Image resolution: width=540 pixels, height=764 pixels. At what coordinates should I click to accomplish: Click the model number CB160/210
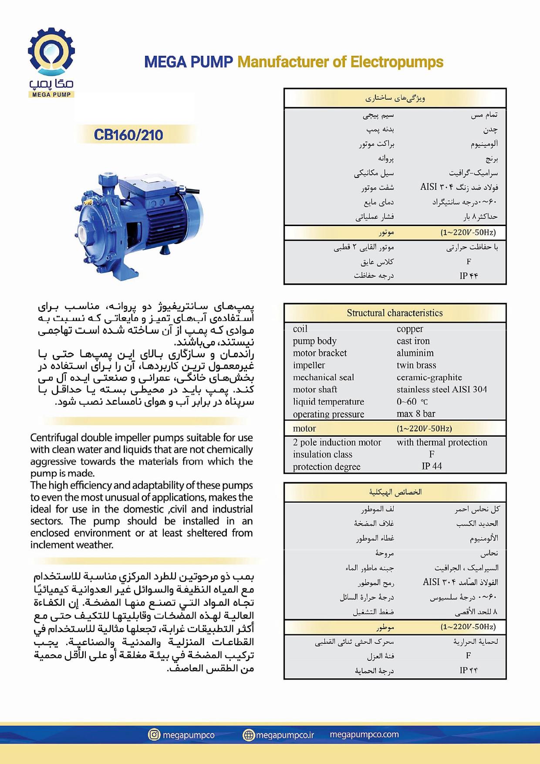128,135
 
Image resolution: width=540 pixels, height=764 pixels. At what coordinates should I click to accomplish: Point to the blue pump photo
138,223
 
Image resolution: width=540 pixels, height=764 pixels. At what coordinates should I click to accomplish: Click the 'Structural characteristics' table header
395,313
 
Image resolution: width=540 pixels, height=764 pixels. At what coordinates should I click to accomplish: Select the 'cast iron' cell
413,341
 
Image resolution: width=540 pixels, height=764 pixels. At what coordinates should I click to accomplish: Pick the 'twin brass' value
416,365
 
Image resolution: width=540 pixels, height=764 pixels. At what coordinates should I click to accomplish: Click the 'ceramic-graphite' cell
429,377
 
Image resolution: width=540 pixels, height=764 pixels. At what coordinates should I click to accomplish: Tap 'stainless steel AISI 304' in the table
442,389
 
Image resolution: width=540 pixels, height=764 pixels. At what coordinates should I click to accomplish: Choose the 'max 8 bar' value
416,414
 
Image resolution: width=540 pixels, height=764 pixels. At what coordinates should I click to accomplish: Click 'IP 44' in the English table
432,466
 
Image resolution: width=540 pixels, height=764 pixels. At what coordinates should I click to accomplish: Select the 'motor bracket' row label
320,353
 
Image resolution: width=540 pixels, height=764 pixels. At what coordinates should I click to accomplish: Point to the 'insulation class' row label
322,454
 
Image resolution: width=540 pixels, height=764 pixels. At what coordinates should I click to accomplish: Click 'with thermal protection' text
442,442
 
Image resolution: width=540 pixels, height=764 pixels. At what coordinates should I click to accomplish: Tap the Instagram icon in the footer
154,735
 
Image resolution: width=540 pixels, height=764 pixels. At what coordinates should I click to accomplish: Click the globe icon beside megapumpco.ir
248,735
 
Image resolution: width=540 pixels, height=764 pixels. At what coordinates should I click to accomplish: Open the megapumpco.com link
364,734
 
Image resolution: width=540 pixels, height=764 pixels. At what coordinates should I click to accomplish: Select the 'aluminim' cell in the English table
415,353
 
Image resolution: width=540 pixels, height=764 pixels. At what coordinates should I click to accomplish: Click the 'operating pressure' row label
328,414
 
